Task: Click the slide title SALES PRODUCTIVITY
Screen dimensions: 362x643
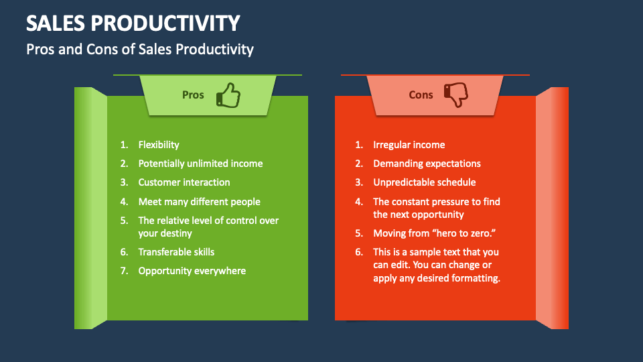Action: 133,23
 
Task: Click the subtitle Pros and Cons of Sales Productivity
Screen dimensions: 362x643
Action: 139,49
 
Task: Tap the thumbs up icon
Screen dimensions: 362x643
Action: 228,95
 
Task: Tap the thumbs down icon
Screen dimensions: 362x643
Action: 457,95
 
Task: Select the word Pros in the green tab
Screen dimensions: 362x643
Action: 193,95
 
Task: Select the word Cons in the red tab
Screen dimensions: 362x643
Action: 421,95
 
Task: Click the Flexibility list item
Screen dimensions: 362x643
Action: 159,145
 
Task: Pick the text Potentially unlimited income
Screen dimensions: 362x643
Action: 200,164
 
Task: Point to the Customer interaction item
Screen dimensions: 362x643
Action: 184,182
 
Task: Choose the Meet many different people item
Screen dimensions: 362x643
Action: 199,202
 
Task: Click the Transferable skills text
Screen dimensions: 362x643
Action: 176,252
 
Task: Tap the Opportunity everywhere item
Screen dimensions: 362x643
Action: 192,271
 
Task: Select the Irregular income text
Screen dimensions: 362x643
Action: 409,145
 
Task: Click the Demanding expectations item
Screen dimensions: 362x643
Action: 427,164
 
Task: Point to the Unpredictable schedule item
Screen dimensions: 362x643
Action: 424,182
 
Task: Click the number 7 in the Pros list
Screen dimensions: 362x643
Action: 123,271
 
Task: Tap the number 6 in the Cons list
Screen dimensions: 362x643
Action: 358,252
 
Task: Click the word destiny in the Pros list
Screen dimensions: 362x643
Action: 175,233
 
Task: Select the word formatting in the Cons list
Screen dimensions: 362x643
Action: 476,278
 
